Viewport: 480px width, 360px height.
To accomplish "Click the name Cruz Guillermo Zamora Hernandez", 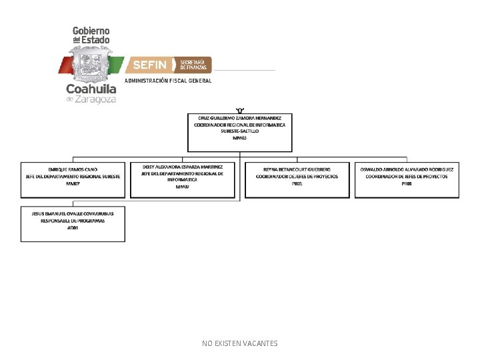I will click(239, 118).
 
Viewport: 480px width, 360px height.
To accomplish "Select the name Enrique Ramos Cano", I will click(73, 170).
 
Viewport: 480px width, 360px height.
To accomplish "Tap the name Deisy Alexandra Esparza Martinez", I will click(182, 167).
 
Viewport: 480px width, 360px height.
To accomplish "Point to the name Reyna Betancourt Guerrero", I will click(297, 170).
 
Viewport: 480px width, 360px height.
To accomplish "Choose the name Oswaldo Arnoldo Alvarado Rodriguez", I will click(407, 170).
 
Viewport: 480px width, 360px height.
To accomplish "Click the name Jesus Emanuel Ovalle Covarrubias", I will click(73, 213).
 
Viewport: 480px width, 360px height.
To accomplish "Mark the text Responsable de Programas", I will click(73, 221).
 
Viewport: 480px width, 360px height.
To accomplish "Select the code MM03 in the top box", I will click(239, 138).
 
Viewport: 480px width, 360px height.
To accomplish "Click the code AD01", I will click(73, 228).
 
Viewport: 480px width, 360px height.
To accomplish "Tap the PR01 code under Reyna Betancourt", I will click(297, 183).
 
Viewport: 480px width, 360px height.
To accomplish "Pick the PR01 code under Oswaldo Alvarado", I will click(407, 183).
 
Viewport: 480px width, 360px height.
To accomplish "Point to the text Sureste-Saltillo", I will click(239, 131).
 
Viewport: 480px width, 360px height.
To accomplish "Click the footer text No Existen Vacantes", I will click(239, 343).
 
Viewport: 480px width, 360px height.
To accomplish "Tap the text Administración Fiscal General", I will click(168, 81).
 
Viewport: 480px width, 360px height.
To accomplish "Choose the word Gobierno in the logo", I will click(91, 31).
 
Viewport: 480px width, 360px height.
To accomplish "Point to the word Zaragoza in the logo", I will click(97, 99).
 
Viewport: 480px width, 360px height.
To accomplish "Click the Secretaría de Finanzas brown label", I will click(193, 65).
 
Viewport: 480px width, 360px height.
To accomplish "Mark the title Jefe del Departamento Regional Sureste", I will click(73, 177).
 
